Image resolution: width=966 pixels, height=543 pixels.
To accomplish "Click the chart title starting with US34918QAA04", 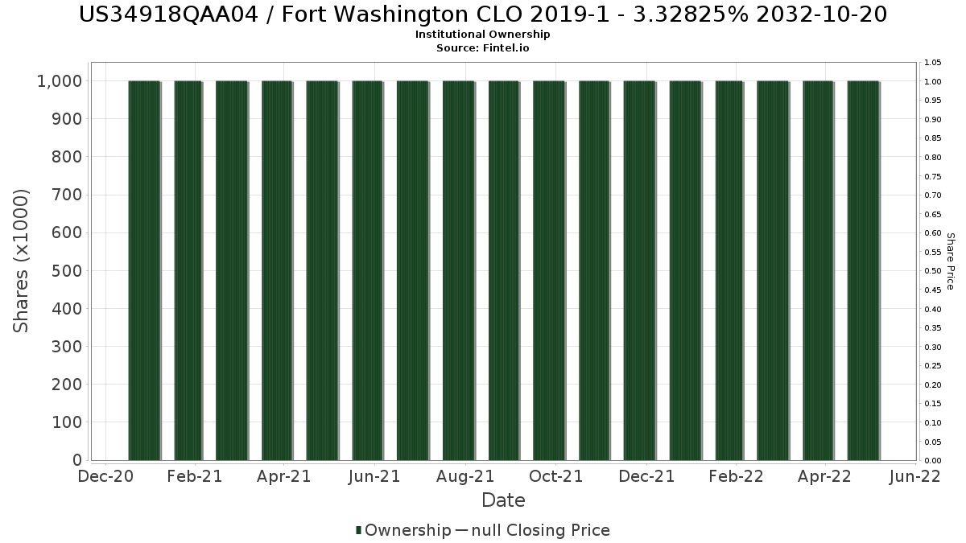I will tap(483, 14).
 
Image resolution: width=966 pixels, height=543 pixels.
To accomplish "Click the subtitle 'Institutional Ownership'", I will tap(483, 35).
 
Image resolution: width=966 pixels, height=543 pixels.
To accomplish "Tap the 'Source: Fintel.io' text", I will tap(483, 47).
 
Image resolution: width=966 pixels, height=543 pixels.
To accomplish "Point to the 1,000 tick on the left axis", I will tap(59, 81).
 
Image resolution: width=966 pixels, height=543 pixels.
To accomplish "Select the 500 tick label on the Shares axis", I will tap(67, 271).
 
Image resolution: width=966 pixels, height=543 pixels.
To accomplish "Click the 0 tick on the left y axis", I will tap(77, 460).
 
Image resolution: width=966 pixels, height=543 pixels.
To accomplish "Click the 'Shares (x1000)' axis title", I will tap(21, 261).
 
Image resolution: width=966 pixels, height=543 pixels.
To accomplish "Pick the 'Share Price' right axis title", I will tap(950, 261).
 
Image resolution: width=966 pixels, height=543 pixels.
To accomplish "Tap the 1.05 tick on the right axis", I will tap(933, 63).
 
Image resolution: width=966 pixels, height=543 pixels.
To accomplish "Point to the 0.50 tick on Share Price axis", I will tap(933, 271).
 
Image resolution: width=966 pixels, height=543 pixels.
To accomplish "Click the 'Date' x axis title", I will tap(503, 500).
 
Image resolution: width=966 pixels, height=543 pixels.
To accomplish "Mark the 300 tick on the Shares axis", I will tap(67, 347).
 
